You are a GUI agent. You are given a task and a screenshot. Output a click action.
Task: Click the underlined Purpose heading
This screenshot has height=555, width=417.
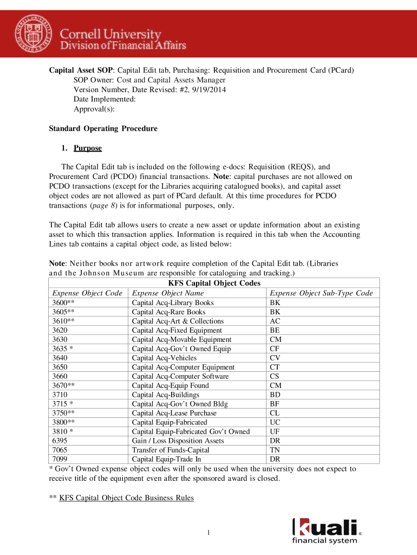click(87, 148)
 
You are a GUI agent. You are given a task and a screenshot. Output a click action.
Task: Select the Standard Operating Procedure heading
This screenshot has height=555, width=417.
click(103, 128)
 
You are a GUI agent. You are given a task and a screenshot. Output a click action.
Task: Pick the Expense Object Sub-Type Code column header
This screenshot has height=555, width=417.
click(321, 293)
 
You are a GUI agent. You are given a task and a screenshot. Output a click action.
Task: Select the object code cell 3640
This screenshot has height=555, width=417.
click(60, 358)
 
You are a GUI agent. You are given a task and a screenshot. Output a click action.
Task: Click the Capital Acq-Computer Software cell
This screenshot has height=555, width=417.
click(180, 376)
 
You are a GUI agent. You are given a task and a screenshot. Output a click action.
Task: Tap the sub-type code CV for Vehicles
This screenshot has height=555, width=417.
click(275, 358)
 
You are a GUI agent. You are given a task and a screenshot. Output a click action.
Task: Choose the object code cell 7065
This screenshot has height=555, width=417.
click(60, 450)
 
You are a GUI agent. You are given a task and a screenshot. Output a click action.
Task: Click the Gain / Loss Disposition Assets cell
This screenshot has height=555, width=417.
click(178, 441)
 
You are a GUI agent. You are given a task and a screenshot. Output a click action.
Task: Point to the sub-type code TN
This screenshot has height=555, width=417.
click(275, 450)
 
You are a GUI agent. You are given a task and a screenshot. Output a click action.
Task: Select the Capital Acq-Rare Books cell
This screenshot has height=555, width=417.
click(168, 312)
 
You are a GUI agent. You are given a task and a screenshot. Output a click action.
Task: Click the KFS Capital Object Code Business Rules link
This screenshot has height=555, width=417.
click(126, 498)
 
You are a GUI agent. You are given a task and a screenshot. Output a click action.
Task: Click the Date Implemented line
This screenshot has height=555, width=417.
click(105, 99)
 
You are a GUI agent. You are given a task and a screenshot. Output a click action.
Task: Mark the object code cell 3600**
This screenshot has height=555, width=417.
click(63, 303)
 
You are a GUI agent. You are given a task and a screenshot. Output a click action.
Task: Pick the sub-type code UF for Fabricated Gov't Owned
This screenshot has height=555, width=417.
click(275, 431)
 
